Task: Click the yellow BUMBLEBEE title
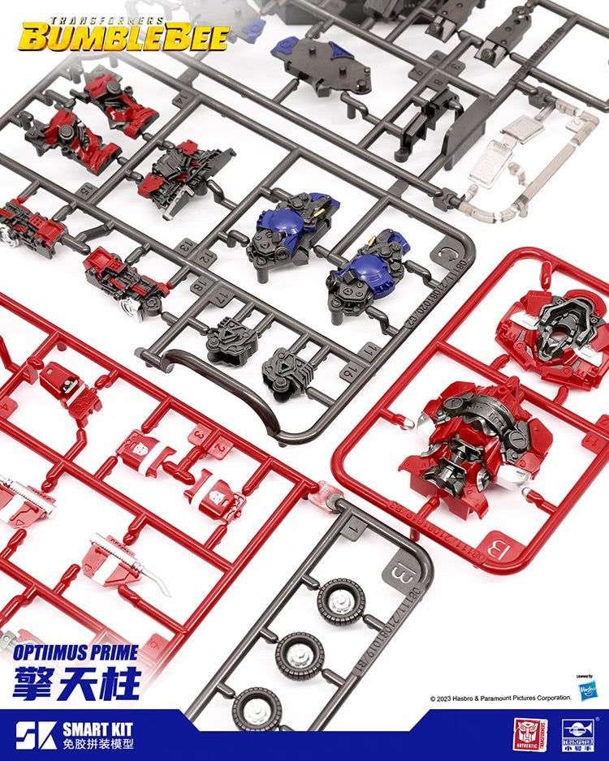pyautogui.click(x=123, y=36)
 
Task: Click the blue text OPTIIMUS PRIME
pyautogui.click(x=76, y=652)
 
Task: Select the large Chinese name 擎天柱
pyautogui.click(x=76, y=682)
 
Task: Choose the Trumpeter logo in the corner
pyautogui.click(x=578, y=735)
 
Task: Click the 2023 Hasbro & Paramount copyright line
pyautogui.click(x=500, y=697)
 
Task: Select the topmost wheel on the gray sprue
pyautogui.click(x=341, y=601)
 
